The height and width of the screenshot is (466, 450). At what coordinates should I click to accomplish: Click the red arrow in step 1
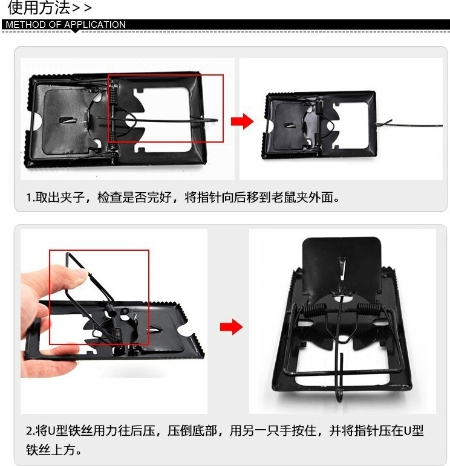(x=242, y=121)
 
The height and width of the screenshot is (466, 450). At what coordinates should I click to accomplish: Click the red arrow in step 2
(x=232, y=327)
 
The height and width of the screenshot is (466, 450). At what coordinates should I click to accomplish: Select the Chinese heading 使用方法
(x=39, y=7)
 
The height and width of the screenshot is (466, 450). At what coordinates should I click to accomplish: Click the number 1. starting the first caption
(x=31, y=197)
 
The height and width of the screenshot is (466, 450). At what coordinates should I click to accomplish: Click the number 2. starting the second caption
(x=31, y=431)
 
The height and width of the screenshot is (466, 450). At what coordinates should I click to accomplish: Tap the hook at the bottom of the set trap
(x=339, y=394)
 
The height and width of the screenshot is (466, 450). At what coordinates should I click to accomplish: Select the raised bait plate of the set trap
(x=342, y=265)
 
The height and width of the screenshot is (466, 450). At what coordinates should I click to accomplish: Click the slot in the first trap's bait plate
(x=68, y=120)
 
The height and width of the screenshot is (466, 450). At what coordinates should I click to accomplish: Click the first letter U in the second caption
(x=52, y=431)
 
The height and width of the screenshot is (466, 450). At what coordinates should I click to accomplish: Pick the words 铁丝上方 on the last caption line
(x=50, y=450)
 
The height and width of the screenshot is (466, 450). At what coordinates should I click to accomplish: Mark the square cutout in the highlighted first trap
(x=162, y=119)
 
